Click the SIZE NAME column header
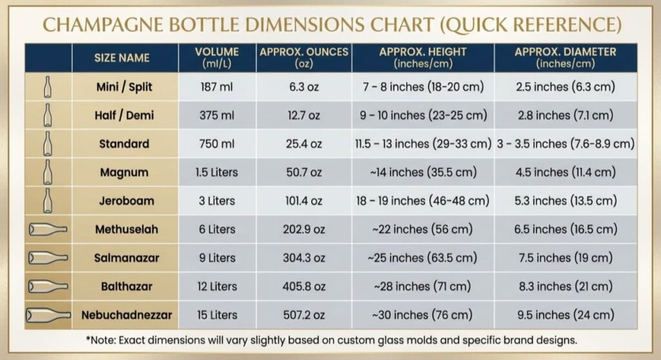(121, 58)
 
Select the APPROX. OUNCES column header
(303, 57)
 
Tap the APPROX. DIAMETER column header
(565, 57)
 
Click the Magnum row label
(124, 172)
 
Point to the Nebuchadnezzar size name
(127, 315)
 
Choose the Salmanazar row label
(127, 258)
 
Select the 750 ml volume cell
(217, 144)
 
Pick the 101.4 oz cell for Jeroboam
(303, 201)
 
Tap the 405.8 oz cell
(303, 286)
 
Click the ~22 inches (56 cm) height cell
(422, 229)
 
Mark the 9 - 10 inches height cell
(422, 115)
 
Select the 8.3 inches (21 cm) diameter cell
(565, 286)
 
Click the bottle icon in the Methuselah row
(48, 229)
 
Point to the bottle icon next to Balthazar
(48, 286)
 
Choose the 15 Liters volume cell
(217, 315)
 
